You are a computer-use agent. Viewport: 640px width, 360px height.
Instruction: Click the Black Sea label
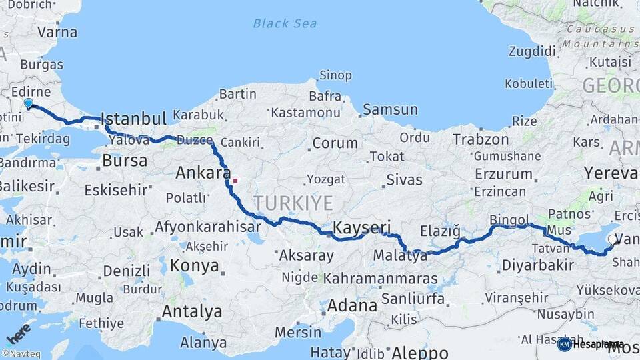285,24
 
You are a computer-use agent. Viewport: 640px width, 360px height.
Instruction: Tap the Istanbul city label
133,119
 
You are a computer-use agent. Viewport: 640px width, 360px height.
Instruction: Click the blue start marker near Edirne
28,103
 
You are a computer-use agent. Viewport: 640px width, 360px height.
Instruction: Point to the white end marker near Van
612,239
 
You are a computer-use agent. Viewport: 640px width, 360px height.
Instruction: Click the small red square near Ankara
235,180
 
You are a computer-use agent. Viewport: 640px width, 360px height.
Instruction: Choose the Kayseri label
361,226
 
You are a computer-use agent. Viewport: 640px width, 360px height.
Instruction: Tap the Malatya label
401,255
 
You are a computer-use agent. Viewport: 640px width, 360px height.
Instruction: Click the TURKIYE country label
292,203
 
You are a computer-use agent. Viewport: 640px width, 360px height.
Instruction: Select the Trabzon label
481,140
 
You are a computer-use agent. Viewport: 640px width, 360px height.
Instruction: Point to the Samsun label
390,109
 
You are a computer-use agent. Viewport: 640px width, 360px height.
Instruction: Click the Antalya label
192,311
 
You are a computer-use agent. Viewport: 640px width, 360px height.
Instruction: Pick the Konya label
195,266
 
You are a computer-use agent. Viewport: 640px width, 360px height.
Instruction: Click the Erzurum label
503,175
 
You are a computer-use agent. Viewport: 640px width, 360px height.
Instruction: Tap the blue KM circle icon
564,344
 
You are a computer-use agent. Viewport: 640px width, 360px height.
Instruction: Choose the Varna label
57,32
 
